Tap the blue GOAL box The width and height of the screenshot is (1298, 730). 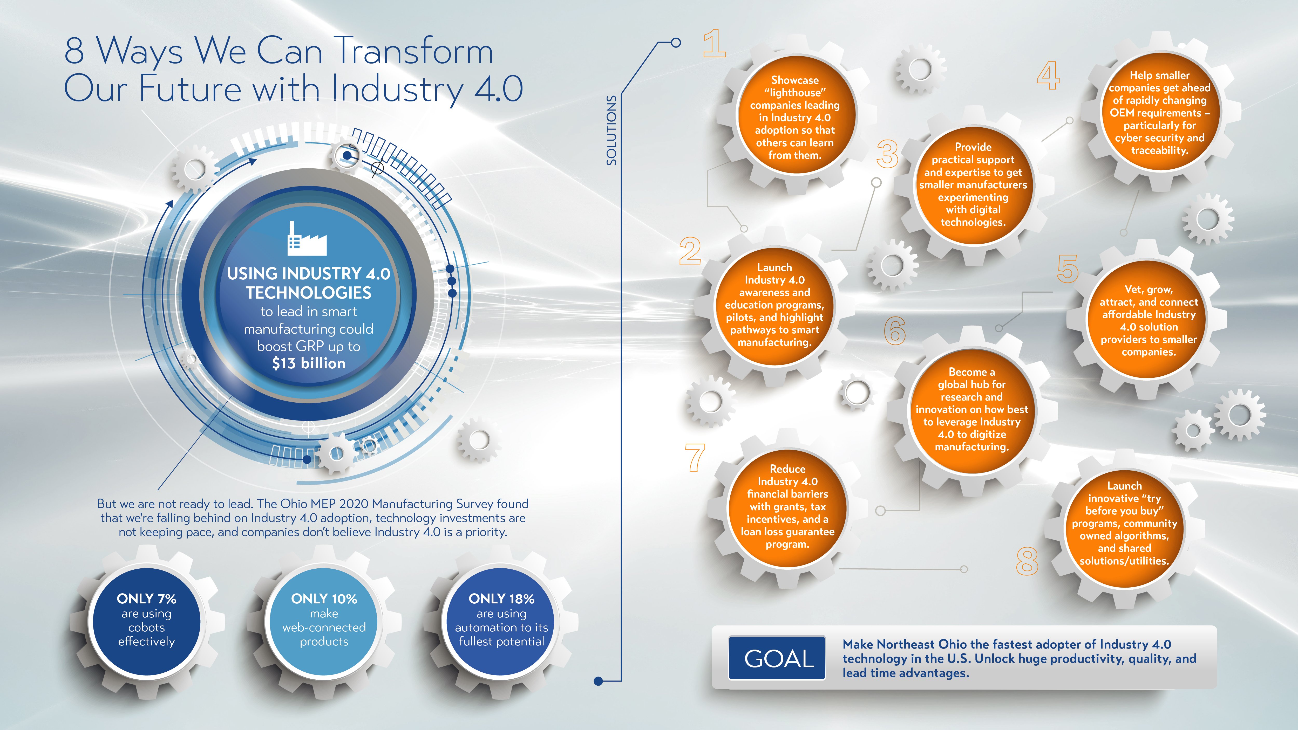(777, 658)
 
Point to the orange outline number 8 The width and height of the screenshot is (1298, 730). (1027, 561)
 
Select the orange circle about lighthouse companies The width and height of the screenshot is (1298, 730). (795, 117)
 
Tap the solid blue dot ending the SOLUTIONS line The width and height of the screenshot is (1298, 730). (599, 681)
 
